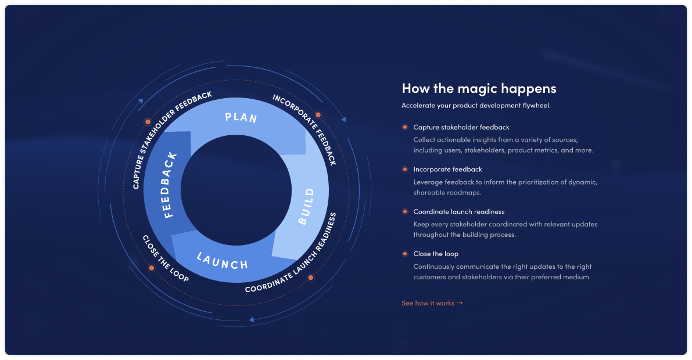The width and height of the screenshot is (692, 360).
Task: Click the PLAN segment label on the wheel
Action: click(x=241, y=117)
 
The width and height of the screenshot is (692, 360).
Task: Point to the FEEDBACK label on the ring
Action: click(x=170, y=185)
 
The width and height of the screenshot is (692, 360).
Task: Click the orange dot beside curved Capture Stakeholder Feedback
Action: click(x=148, y=122)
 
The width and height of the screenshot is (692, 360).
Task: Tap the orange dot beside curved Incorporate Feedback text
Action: click(x=318, y=115)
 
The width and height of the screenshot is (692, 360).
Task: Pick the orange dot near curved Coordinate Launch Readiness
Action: click(x=311, y=278)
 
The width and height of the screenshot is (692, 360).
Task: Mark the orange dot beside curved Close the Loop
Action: click(x=152, y=268)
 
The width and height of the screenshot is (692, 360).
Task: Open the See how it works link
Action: click(x=432, y=303)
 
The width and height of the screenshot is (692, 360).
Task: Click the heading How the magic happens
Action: click(x=479, y=88)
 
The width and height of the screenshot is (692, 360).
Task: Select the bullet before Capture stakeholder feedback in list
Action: click(x=405, y=127)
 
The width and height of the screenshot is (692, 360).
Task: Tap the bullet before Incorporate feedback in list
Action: click(x=405, y=170)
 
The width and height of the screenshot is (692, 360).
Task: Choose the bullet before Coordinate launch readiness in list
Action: click(x=405, y=212)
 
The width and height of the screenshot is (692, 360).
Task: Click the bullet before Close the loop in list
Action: click(x=405, y=254)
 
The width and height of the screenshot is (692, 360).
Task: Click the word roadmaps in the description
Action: click(x=464, y=192)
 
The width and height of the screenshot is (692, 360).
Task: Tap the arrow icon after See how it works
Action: click(x=460, y=303)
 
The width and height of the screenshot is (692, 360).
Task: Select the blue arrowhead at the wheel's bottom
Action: click(x=252, y=319)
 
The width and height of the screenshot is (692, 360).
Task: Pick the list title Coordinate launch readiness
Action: click(x=459, y=212)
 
